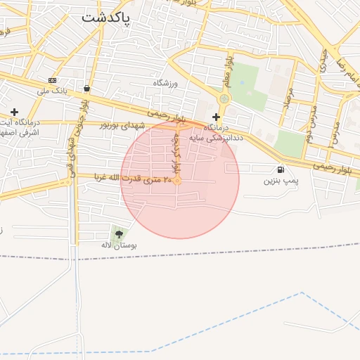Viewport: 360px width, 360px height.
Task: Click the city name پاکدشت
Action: (x=105, y=18)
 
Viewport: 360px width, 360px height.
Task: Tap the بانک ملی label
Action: (x=52, y=91)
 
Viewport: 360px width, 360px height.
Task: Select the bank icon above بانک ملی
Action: (x=52, y=80)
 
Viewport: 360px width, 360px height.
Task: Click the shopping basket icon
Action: (x=86, y=89)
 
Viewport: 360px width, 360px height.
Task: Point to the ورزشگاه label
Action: (x=167, y=83)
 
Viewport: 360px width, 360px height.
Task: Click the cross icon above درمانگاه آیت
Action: (x=14, y=112)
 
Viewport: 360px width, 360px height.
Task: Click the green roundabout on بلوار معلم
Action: (x=224, y=99)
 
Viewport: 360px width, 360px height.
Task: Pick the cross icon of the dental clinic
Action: (x=216, y=117)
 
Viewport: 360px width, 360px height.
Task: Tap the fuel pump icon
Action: (x=281, y=169)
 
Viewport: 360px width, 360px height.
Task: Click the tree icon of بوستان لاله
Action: (x=117, y=233)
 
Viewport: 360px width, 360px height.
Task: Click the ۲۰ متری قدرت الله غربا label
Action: (x=129, y=179)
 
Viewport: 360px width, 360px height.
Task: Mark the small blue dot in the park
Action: (x=241, y=82)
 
